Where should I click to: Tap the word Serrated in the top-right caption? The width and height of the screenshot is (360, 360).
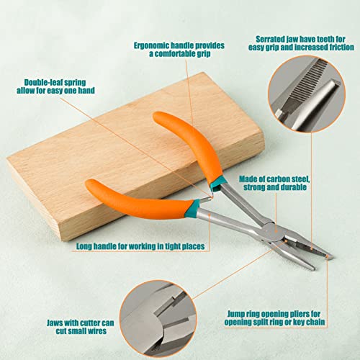pyautogui.click(x=270, y=39)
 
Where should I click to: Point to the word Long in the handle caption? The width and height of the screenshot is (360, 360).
pyautogui.click(x=84, y=246)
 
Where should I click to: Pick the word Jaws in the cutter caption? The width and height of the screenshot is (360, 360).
pyautogui.click(x=55, y=323)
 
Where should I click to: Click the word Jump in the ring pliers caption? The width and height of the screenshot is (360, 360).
pyautogui.click(x=236, y=314)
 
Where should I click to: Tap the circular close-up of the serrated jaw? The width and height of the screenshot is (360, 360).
pyautogui.click(x=307, y=94)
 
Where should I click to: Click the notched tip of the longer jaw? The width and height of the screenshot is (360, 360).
pyautogui.click(x=330, y=257)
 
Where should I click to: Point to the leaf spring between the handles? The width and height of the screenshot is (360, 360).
pyautogui.click(x=210, y=196)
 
